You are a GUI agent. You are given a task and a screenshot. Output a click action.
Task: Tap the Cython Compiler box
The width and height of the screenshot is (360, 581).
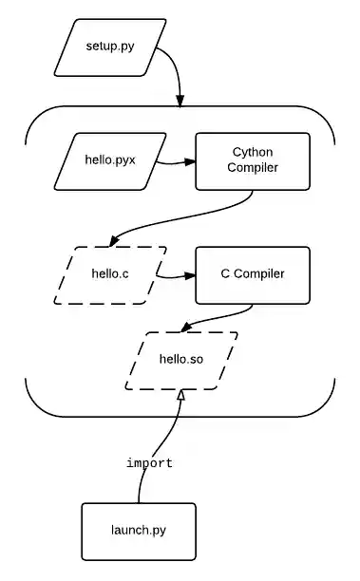[253, 160]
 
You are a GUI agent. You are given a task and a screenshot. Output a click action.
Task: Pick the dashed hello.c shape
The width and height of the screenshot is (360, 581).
[110, 275]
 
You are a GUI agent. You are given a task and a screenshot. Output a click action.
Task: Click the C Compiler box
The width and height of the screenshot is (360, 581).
[253, 275]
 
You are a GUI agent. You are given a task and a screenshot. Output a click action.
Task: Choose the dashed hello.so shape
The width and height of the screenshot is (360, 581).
[180, 360]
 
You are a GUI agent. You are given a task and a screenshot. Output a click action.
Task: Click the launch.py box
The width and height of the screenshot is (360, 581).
[138, 530]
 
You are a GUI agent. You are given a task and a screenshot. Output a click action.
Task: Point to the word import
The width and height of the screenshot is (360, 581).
[150, 463]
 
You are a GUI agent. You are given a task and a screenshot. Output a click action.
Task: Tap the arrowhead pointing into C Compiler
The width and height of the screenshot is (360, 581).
[189, 277]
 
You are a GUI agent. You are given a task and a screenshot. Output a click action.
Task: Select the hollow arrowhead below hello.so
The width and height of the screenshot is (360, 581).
[180, 395]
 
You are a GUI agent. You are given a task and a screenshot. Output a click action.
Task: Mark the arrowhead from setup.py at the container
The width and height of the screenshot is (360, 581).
[180, 100]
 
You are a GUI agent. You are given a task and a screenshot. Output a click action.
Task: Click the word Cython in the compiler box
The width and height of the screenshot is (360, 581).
[253, 152]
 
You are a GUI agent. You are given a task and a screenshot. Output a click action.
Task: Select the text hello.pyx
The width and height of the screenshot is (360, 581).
[110, 160]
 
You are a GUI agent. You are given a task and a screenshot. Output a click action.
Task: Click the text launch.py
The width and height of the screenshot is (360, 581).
[138, 530]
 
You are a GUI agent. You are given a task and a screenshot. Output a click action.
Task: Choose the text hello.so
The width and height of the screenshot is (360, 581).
[180, 360]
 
